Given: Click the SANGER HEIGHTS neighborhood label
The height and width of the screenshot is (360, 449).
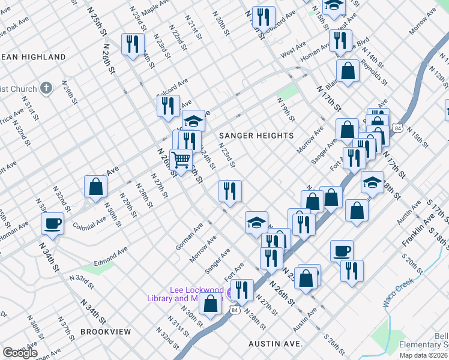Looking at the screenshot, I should coord(256,136).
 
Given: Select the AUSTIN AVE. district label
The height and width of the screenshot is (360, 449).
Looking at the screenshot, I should coord(277,344).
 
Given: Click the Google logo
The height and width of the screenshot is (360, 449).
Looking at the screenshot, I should coord(20,352).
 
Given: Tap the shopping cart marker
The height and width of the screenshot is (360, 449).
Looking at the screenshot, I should coord(181,160).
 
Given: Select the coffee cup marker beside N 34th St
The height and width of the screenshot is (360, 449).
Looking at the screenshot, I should coord(53,223).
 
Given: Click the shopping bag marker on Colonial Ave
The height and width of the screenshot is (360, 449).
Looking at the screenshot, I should coord(96,186).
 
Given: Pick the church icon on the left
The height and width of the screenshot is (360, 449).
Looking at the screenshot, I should coord(47,88).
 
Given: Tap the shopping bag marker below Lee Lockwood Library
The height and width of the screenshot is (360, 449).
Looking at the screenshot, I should coord(211,304).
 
